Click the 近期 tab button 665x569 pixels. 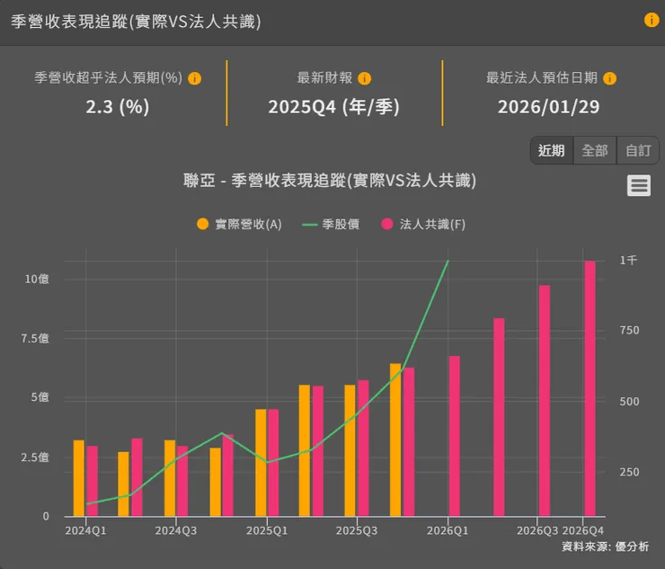tap(551, 150)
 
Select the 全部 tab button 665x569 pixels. tap(595, 150)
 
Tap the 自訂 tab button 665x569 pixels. tap(638, 150)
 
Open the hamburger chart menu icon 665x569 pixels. tap(639, 185)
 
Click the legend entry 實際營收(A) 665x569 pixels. tap(239, 224)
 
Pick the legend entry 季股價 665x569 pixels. tap(331, 224)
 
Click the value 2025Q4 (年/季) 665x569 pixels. tap(333, 107)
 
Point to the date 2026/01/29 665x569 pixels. tap(548, 107)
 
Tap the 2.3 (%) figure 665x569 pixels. tap(117, 107)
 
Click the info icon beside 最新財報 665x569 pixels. tap(365, 78)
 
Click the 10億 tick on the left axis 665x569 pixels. tap(37, 279)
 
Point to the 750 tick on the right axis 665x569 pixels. tap(629, 331)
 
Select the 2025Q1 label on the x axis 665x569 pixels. tap(267, 530)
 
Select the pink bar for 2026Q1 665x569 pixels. tap(454, 436)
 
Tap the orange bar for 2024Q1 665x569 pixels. tap(79, 478)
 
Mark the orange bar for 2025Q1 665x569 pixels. tap(261, 463)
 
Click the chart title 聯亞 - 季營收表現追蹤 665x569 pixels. tap(329, 181)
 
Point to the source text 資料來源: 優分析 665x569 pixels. tap(605, 547)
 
